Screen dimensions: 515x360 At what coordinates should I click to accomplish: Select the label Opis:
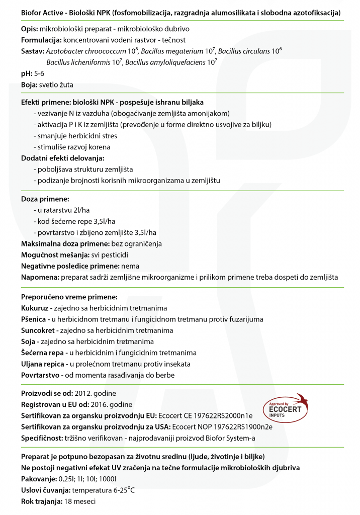tap(30, 30)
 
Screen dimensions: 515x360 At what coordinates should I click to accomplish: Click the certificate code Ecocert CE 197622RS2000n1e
tap(205, 416)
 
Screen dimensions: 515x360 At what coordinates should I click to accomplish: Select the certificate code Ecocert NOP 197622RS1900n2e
tap(222, 427)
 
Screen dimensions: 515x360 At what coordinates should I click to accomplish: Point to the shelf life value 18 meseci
tap(80, 501)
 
